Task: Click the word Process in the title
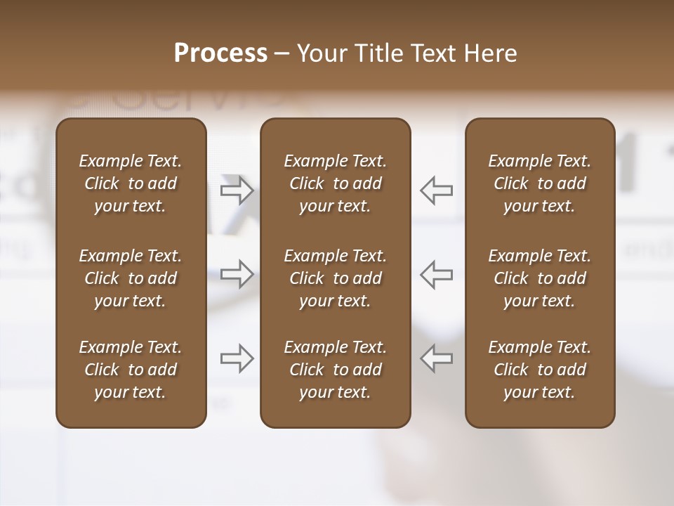pos(220,53)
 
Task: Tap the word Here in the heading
pos(489,53)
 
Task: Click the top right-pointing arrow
pos(237,190)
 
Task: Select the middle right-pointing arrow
pos(237,274)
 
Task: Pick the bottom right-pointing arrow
pos(237,358)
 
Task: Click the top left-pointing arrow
pos(437,190)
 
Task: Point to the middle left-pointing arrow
pos(437,274)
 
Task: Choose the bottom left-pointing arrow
pos(437,358)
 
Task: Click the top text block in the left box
pos(131,183)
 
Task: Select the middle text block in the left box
pos(131,278)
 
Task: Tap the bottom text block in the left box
pos(131,370)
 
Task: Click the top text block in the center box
pos(335,183)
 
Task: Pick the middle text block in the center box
pos(335,278)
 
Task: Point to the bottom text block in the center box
pos(335,370)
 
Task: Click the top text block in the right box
pos(540,183)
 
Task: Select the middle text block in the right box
pos(540,278)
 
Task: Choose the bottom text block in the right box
pos(540,370)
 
